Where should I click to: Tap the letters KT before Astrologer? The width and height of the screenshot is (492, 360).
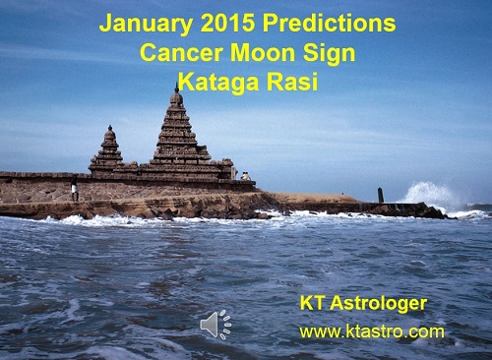click(313, 303)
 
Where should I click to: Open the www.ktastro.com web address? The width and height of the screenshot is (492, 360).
click(371, 330)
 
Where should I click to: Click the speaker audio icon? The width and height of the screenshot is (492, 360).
click(215, 324)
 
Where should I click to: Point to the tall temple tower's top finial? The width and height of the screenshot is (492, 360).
click(176, 90)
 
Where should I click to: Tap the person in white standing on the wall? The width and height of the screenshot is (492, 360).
click(74, 191)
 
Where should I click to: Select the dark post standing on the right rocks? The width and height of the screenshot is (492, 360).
click(380, 195)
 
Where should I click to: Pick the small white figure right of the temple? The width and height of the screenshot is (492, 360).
click(244, 176)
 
